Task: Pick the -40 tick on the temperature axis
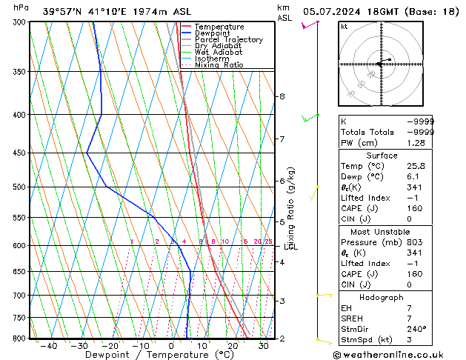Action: tap(49, 345)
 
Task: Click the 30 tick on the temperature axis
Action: tap(263, 345)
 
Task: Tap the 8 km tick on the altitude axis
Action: tap(282, 96)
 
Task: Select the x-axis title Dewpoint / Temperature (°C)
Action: tap(148, 355)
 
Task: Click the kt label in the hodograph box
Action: tap(344, 26)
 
